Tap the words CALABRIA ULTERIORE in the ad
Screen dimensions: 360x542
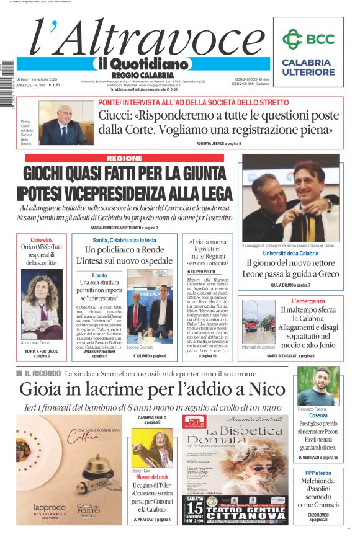(x=307, y=67)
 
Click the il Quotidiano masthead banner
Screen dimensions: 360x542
(x=142, y=63)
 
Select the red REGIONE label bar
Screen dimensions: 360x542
(x=124, y=159)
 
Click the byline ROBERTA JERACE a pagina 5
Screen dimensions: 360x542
(x=218, y=143)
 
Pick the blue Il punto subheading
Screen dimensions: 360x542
(x=99, y=275)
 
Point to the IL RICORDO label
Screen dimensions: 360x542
(x=43, y=373)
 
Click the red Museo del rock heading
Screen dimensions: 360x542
(x=152, y=478)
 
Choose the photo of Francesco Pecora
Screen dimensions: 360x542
(x=318, y=386)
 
